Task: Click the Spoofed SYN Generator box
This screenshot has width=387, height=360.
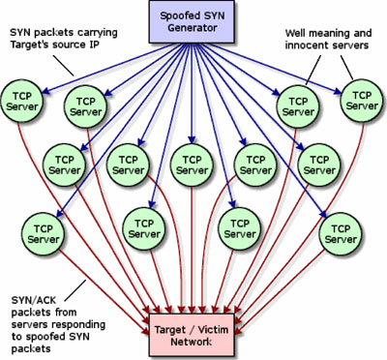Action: click(x=192, y=21)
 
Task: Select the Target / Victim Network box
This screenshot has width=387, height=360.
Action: click(x=192, y=335)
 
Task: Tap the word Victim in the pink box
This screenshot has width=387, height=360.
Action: click(x=214, y=330)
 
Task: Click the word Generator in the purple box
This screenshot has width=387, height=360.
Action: click(x=193, y=28)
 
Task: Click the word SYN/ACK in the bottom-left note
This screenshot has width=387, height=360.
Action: click(x=34, y=301)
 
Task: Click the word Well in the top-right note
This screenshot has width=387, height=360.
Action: click(x=295, y=33)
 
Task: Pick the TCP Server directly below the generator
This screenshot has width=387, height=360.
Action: click(x=193, y=165)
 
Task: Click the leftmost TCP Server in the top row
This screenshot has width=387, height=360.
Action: click(x=22, y=101)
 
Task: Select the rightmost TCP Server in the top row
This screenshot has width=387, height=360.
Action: click(x=362, y=101)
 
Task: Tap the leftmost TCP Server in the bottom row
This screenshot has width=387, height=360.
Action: click(x=44, y=234)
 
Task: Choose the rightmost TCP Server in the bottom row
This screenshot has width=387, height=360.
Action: click(x=341, y=234)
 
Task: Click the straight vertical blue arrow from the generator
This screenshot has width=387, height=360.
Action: click(x=192, y=94)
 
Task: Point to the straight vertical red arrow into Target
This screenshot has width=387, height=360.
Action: click(x=193, y=250)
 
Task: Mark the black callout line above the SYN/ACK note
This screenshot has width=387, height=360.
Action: click(x=75, y=291)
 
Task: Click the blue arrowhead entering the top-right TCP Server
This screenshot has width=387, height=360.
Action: click(x=337, y=92)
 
